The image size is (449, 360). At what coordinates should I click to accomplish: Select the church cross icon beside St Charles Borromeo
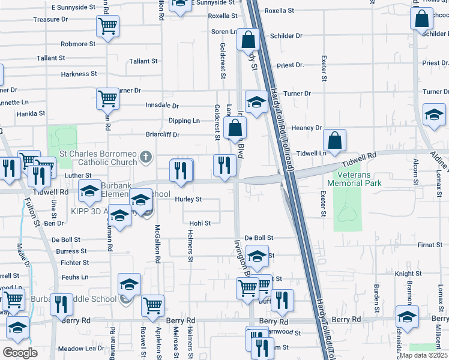tap(145, 158)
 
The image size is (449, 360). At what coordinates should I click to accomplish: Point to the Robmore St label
tap(78, 44)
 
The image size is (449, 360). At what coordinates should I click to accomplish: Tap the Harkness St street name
tap(79, 74)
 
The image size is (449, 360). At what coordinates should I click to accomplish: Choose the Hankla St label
tap(31, 113)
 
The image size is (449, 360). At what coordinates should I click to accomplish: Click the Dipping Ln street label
tap(184, 121)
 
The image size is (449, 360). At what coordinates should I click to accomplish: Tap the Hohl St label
tap(200, 223)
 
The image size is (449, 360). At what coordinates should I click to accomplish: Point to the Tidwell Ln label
tap(314, 153)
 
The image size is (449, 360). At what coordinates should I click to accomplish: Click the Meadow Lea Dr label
tap(81, 349)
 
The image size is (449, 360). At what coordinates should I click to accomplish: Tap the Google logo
tap(20, 353)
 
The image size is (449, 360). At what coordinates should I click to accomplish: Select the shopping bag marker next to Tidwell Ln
tap(334, 140)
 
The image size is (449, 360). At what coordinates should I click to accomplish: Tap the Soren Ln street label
tap(222, 31)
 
